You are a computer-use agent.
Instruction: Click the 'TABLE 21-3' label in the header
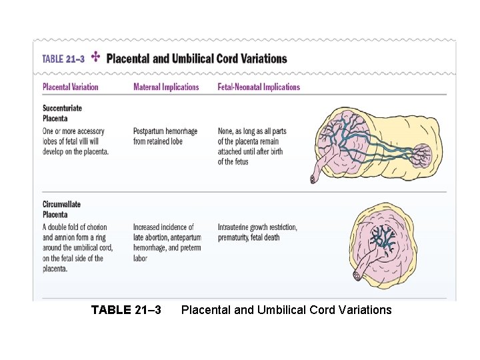click(x=63, y=59)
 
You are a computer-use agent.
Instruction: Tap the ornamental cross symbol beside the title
click(x=95, y=57)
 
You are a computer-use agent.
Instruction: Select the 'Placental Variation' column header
click(x=70, y=87)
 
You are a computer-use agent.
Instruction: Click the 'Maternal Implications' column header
click(x=166, y=87)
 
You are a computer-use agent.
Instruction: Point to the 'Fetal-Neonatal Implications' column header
click(x=259, y=87)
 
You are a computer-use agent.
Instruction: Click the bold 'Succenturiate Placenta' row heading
click(x=62, y=113)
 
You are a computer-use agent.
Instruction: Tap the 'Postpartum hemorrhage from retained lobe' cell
click(x=165, y=136)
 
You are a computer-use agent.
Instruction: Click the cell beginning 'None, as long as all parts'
click(x=251, y=146)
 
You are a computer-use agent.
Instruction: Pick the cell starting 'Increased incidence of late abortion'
click(x=167, y=242)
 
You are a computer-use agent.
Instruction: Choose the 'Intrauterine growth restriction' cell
click(x=257, y=232)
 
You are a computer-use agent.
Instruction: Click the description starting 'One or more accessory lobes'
click(x=75, y=141)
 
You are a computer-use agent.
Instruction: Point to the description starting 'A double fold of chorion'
click(x=77, y=247)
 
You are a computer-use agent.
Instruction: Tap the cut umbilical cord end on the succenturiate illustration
click(x=314, y=179)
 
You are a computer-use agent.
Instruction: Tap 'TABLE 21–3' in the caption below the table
click(x=126, y=309)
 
